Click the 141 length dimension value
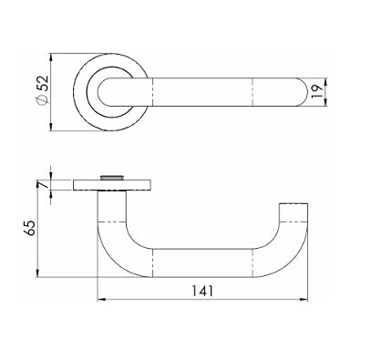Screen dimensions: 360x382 pyautogui.click(x=202, y=291)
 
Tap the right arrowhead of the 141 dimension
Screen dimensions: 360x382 pyautogui.click(x=305, y=300)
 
